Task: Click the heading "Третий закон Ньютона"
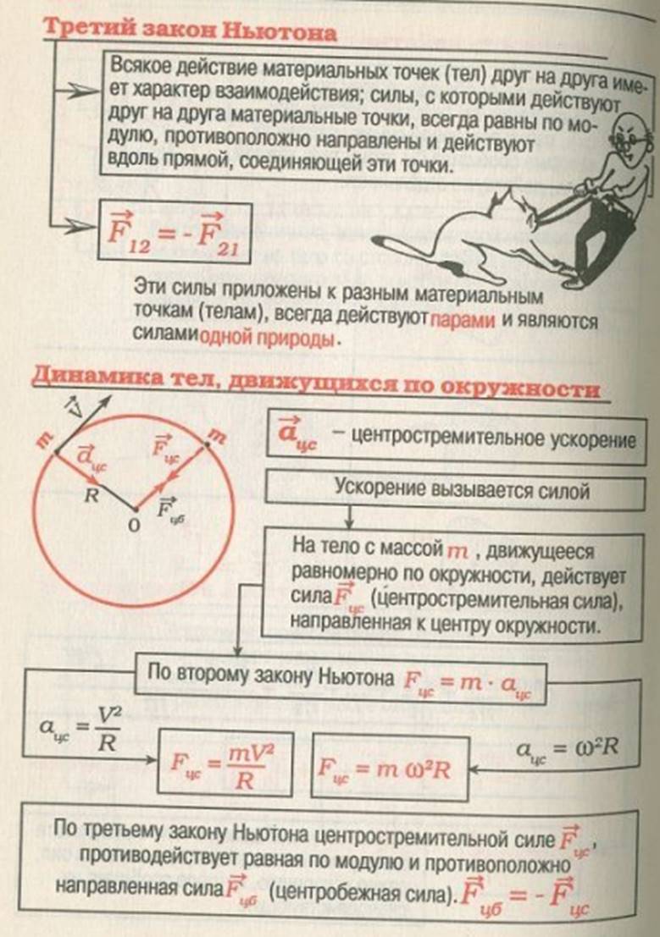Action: [191, 30]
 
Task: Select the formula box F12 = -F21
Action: [175, 232]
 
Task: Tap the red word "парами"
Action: [463, 321]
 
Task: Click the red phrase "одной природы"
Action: [266, 339]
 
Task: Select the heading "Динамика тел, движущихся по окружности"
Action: [315, 381]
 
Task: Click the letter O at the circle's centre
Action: [135, 526]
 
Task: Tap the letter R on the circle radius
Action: [91, 495]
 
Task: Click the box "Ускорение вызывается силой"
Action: [455, 489]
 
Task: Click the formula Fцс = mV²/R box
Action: [225, 763]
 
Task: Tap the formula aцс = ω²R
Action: [567, 749]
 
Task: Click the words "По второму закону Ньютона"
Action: [270, 675]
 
